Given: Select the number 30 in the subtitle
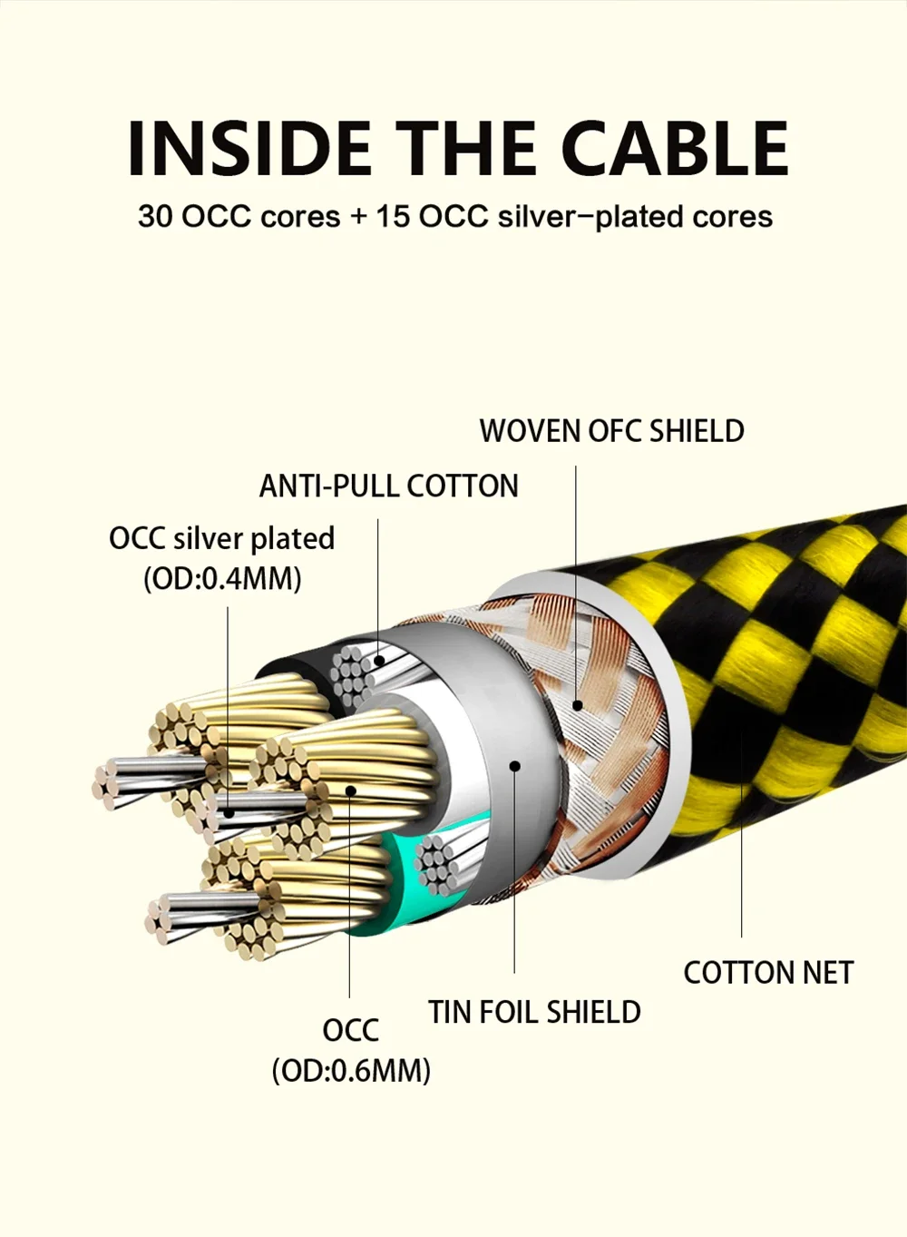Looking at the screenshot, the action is tap(156, 217).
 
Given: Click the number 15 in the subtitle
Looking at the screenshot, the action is tap(393, 217).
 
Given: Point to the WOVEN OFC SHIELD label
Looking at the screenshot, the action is tap(611, 431).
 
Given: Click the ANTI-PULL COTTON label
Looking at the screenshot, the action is tap(388, 486).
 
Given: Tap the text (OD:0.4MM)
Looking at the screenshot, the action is tap(222, 578).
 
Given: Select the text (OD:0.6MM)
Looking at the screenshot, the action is tap(351, 1071).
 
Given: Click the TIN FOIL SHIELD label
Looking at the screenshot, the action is tap(534, 1012).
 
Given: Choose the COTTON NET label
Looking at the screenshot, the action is tap(768, 973).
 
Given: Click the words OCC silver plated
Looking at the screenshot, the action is tap(221, 538).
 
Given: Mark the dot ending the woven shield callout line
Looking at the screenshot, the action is tap(576, 705).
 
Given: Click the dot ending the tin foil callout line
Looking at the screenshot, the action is tap(514, 766).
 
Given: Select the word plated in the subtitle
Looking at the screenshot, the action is tap(643, 217).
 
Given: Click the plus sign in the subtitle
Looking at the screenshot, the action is tap(359, 217).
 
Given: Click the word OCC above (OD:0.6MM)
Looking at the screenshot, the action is tap(350, 1031).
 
